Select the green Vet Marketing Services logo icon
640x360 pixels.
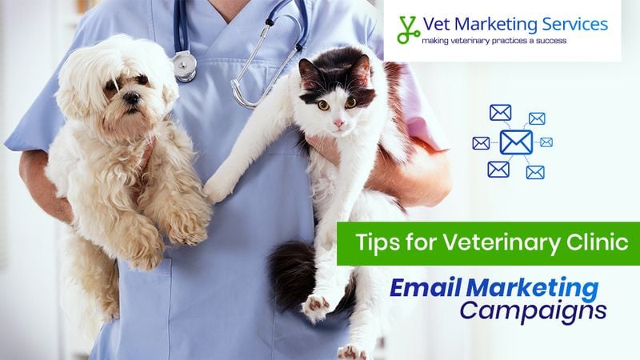[x=408, y=30]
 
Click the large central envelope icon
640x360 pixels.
[x=516, y=142]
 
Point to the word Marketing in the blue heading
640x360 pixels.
[x=531, y=286]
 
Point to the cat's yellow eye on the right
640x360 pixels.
[x=350, y=102]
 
